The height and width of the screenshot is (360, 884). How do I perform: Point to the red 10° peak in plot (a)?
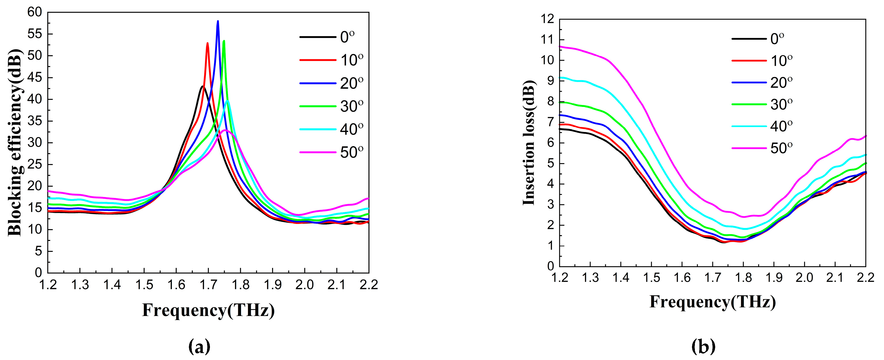pyautogui.click(x=208, y=43)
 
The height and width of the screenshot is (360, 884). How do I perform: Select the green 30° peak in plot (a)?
pyautogui.click(x=224, y=41)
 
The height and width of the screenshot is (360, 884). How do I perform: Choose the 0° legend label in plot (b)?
pyautogui.click(x=777, y=39)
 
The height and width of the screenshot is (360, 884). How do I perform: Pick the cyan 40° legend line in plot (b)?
pyautogui.click(x=749, y=126)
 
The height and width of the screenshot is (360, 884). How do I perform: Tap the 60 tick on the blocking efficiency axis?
pyautogui.click(x=34, y=12)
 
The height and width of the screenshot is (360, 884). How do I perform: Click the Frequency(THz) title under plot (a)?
pyautogui.click(x=208, y=310)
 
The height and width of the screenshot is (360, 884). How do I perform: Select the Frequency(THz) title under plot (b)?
pyautogui.click(x=712, y=302)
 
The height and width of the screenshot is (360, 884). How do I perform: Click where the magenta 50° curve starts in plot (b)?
pyautogui.click(x=560, y=46)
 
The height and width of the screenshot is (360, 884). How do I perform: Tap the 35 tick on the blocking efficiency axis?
pyautogui.click(x=34, y=121)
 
